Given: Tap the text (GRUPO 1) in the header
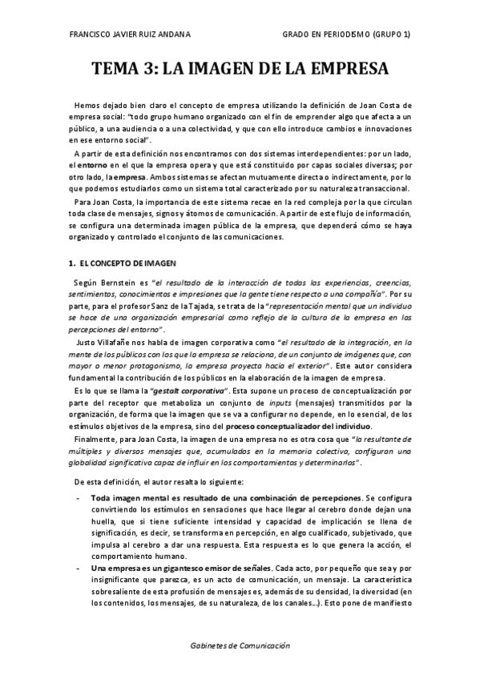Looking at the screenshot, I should click(x=390, y=35).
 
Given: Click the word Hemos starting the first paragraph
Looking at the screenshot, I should click(x=88, y=106).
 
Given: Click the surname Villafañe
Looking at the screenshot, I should click(x=111, y=344).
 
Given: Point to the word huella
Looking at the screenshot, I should click(x=107, y=523).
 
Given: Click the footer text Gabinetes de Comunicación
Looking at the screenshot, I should click(x=240, y=645).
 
